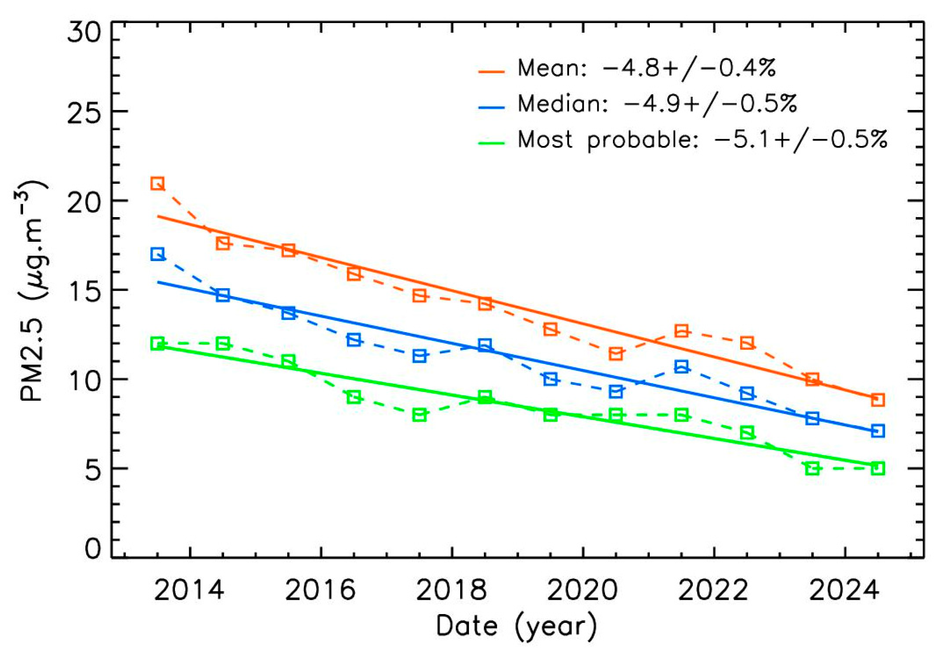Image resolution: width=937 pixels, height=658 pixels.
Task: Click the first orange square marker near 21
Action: click(157, 183)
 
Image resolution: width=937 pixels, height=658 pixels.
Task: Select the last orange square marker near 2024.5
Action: click(878, 400)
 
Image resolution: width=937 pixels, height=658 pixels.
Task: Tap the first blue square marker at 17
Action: click(157, 254)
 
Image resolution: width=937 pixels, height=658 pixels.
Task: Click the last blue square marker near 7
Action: click(878, 431)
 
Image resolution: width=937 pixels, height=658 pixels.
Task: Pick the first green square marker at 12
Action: click(157, 343)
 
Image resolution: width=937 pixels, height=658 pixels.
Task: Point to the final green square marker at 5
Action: click(878, 469)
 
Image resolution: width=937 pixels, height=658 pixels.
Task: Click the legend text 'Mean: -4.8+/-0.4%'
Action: click(646, 68)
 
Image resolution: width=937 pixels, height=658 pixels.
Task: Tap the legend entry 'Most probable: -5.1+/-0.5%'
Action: click(702, 140)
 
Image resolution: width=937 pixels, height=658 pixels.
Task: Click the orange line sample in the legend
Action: click(492, 72)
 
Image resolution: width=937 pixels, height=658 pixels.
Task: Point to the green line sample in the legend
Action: click(492, 143)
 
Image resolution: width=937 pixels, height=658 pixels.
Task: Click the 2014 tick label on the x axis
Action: click(189, 590)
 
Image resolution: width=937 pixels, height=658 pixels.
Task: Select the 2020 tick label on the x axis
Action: click(582, 590)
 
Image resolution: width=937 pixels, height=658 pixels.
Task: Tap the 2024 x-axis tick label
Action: click(844, 590)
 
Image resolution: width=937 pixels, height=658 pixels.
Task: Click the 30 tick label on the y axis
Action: click(85, 32)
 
